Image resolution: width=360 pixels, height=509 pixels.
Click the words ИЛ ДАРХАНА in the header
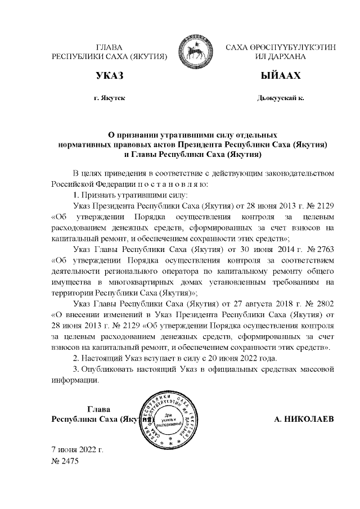tap(280, 57)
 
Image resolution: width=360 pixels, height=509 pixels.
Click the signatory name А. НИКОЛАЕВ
tap(303, 420)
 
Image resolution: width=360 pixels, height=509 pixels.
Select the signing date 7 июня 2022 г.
tap(77, 450)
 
